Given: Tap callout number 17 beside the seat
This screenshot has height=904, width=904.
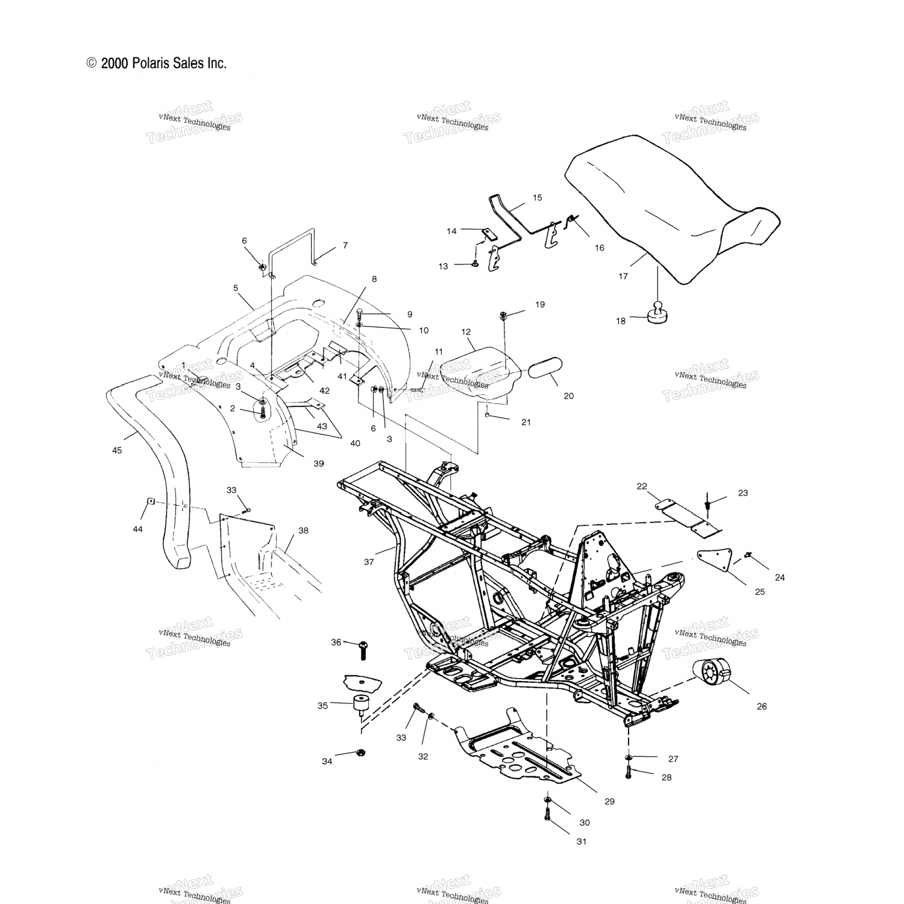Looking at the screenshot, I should click(x=623, y=276).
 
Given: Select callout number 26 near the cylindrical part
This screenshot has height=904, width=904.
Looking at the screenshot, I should click(x=762, y=706).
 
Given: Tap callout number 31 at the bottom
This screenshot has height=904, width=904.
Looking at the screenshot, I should click(x=581, y=841).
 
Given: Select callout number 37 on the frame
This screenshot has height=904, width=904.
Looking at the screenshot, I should click(x=369, y=562).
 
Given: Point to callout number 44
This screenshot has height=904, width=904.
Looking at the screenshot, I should click(x=138, y=529).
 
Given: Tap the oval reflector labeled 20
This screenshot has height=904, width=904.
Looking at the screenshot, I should click(x=545, y=369).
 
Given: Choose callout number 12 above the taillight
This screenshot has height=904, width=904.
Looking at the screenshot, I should click(x=466, y=331).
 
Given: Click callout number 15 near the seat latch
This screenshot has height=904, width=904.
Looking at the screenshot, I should click(x=538, y=197).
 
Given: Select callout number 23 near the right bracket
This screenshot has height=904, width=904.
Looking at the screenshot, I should click(x=742, y=492).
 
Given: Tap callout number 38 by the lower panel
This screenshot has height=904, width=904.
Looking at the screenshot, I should click(x=303, y=530).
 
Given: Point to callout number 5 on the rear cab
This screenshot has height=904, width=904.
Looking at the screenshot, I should click(x=236, y=288).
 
